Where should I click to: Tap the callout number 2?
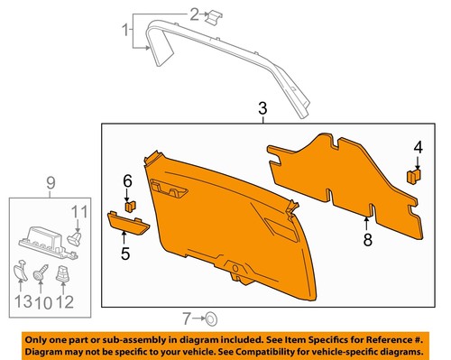tap(192, 14)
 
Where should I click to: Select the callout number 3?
tap(262, 110)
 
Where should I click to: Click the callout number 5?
tap(125, 254)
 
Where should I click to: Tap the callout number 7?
tap(187, 318)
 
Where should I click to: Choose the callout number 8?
tap(367, 239)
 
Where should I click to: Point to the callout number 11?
tap(78, 214)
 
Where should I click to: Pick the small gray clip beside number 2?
tap(214, 17)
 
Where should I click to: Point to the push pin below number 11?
tap(75, 239)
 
